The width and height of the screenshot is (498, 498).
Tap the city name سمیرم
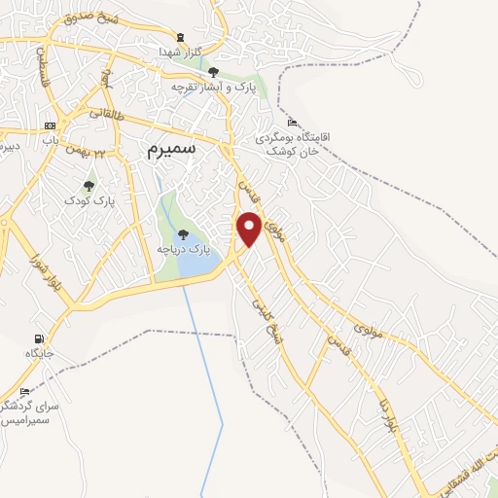[171, 149]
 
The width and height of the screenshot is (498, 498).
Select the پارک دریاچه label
[184, 250]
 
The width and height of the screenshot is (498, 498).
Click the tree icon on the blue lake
[183, 233]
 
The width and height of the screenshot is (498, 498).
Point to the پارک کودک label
[90, 199]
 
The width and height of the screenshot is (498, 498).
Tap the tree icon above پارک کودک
[89, 184]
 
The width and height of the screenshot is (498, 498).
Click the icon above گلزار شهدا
[173, 37]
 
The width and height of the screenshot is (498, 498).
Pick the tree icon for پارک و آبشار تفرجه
[213, 71]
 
